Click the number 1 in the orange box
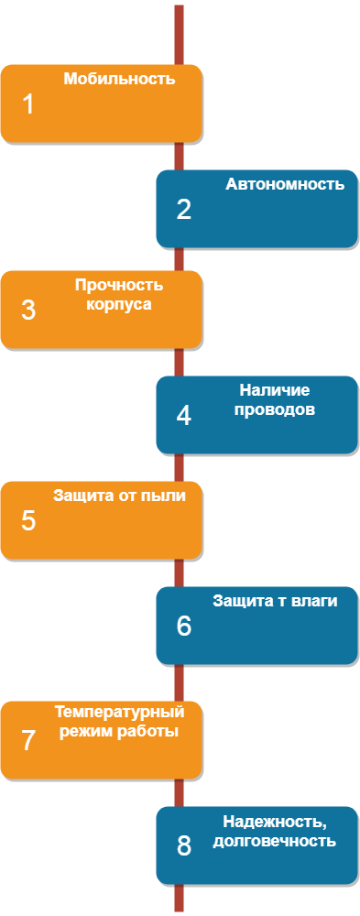(x=28, y=105)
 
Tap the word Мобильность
(x=119, y=79)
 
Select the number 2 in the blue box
(x=183, y=210)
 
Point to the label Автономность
(x=285, y=185)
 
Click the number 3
(x=28, y=311)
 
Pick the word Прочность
(x=119, y=286)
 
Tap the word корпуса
(x=119, y=305)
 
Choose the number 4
(x=183, y=415)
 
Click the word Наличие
(x=274, y=390)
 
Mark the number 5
(x=28, y=521)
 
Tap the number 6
(x=183, y=627)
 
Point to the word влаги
(x=318, y=601)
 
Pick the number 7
(x=28, y=741)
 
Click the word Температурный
(x=119, y=712)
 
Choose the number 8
(x=183, y=845)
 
